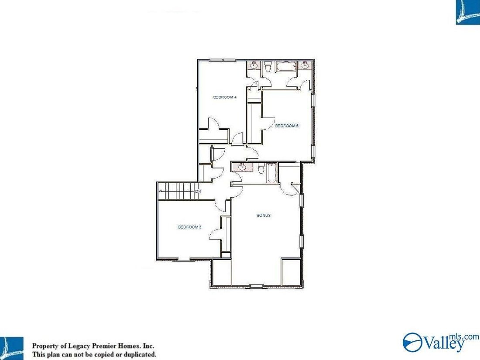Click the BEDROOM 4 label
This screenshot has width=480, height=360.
225,97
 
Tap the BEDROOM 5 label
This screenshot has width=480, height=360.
287,126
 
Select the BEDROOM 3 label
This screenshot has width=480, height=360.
189,227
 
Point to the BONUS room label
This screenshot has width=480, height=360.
264,216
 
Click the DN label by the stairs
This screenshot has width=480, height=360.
198,191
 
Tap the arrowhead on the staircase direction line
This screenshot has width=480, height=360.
161,191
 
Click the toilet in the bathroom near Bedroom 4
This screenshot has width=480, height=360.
268,66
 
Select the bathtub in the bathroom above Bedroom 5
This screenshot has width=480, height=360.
286,66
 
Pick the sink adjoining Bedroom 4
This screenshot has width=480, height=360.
254,65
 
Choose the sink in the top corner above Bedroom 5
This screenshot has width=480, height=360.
304,65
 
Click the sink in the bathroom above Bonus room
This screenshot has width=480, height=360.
242,167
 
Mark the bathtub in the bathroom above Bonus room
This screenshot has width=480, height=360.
272,173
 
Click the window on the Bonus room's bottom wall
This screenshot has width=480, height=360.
257,286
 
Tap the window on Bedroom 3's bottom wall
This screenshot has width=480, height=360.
184,260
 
